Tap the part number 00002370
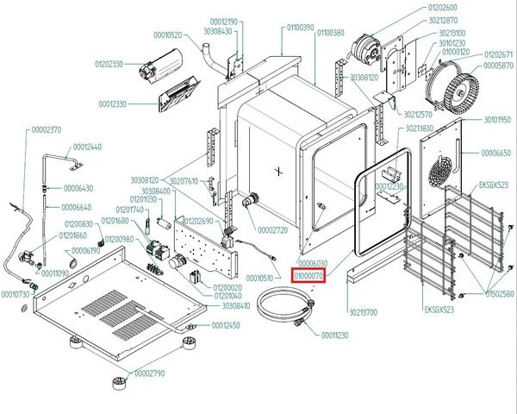click(x=46, y=129)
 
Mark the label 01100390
click(x=300, y=28)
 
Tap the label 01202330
click(x=110, y=64)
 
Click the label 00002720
click(x=272, y=230)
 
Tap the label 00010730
click(x=15, y=294)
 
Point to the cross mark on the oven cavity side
click(x=277, y=169)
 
